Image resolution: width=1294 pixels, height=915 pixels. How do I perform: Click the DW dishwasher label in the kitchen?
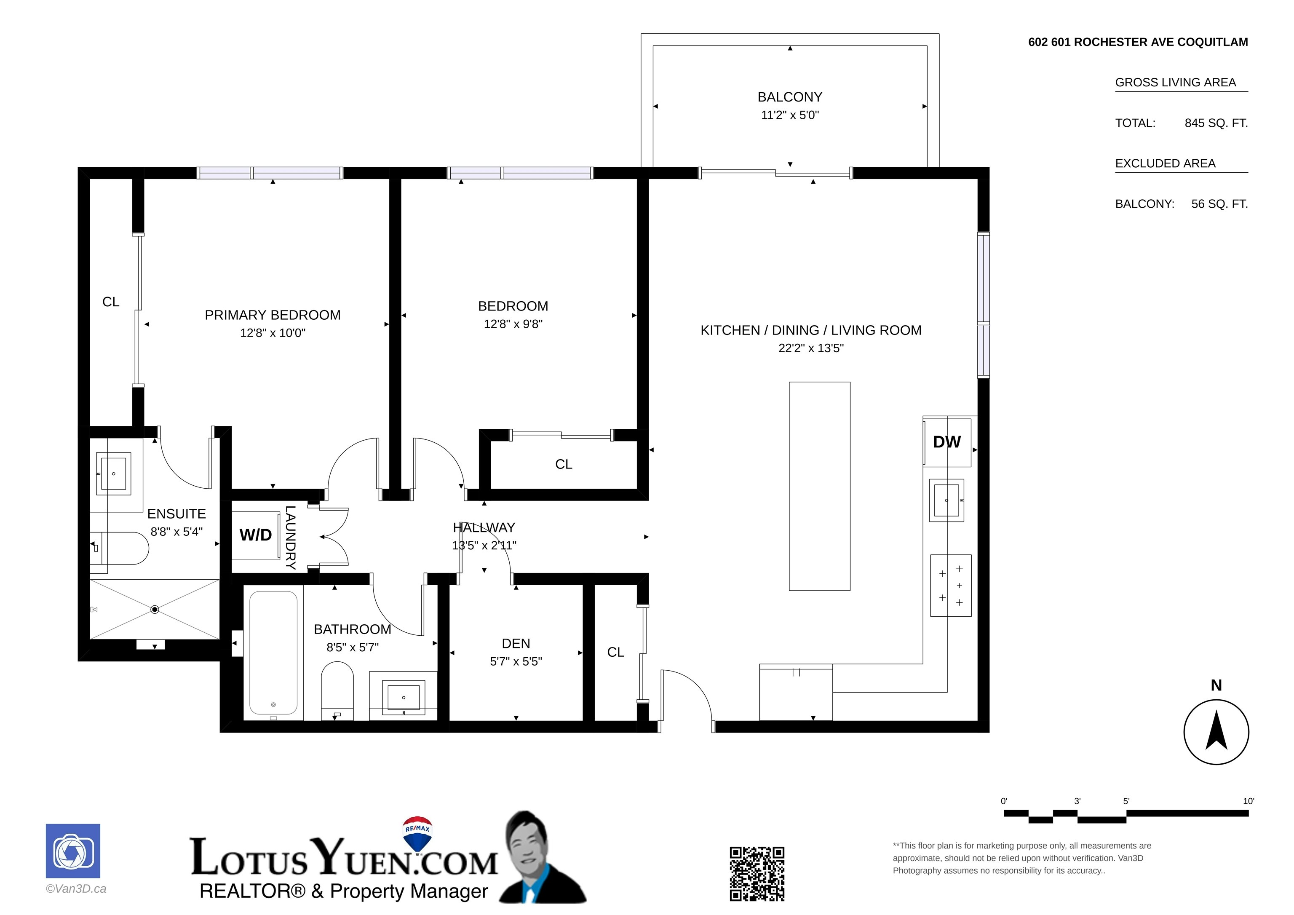[947, 442]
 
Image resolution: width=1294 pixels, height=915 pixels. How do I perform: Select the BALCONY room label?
[790, 97]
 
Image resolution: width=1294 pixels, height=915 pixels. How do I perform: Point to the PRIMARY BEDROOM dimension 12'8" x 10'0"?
[273, 333]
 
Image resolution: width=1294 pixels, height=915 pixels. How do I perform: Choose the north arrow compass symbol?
[1216, 732]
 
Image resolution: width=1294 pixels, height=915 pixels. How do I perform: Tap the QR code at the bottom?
[757, 873]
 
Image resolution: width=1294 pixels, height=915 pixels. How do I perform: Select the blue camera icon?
[73, 851]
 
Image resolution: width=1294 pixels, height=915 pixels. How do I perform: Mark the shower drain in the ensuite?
[155, 610]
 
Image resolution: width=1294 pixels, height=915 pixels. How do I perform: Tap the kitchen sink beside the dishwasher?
[947, 500]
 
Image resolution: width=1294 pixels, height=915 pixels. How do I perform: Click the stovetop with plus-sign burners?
[951, 586]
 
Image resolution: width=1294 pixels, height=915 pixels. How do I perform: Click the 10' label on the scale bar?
[1249, 801]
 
